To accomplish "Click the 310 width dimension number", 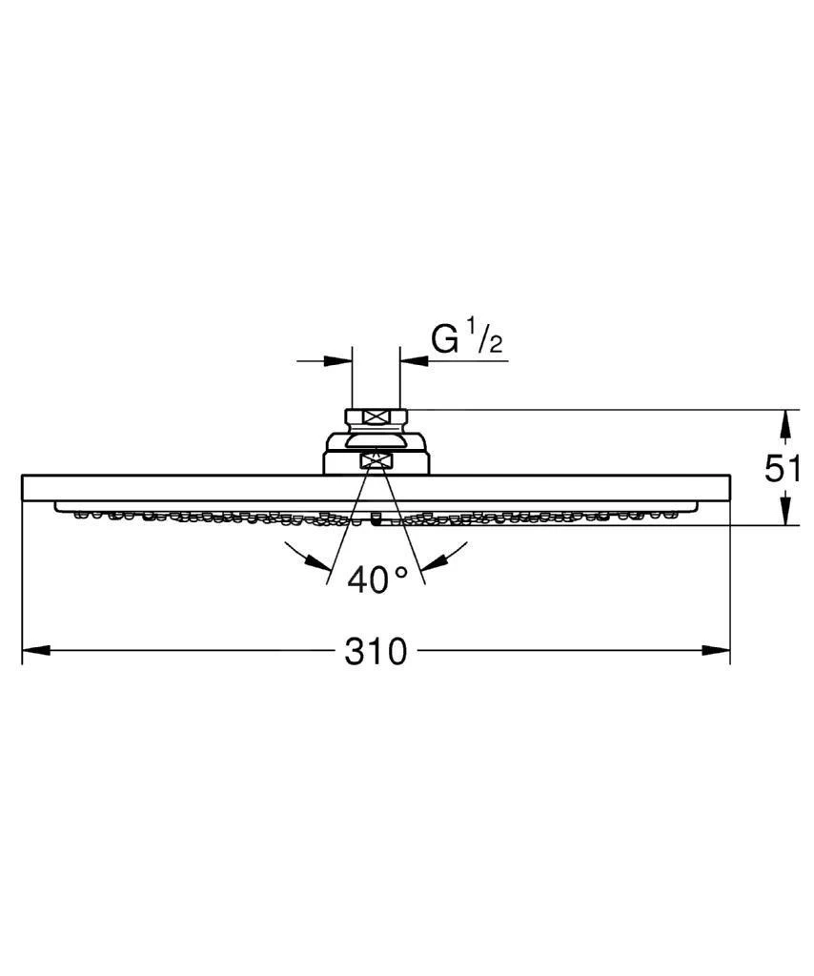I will (x=376, y=652).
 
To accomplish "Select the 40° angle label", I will (x=376, y=579).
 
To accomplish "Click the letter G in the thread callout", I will (x=443, y=339).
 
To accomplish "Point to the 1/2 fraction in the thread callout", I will (x=482, y=339).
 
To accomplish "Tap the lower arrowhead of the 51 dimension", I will (x=783, y=512).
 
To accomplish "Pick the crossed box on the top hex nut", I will (x=376, y=417).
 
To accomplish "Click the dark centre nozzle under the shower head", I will (x=376, y=520).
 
